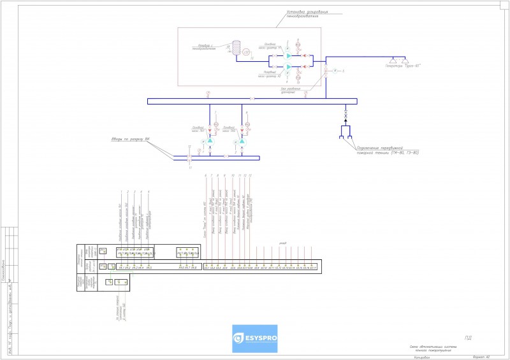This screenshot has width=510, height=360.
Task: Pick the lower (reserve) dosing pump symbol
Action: (288, 66)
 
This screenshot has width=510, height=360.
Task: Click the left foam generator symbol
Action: (395, 58)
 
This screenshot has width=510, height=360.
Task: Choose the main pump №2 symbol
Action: (243, 141)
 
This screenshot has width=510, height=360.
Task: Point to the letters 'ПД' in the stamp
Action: (469, 338)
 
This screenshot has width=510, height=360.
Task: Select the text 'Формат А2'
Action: (481, 357)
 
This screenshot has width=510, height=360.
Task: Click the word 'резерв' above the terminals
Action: (282, 243)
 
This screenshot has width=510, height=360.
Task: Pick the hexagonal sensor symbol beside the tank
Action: (246, 52)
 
